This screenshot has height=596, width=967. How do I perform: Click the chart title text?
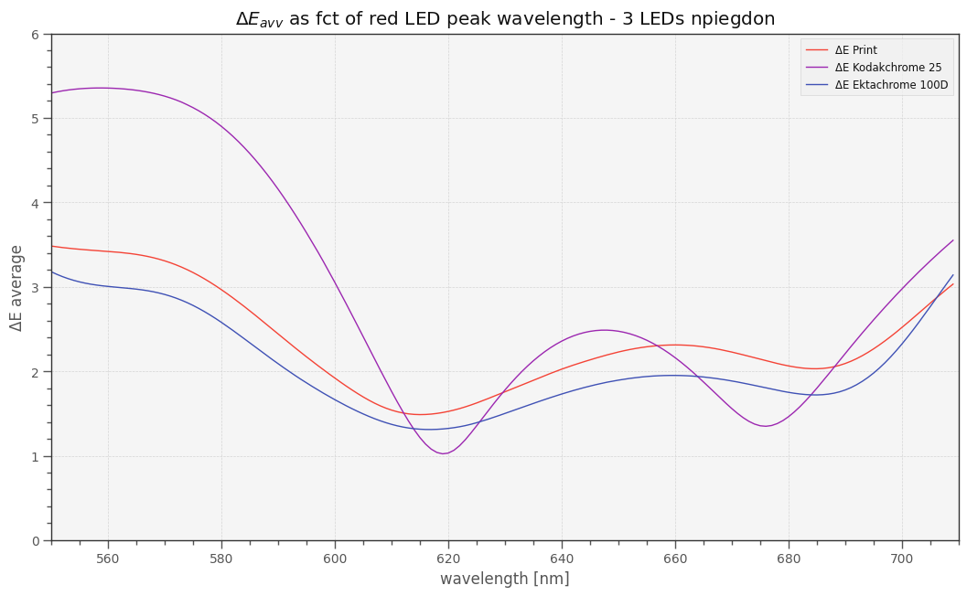(x=505, y=18)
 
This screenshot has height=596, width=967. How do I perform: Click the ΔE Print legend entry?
(x=855, y=50)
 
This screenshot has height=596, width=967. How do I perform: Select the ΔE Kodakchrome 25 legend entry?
(x=887, y=68)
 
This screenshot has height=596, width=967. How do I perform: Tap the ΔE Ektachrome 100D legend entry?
(x=891, y=85)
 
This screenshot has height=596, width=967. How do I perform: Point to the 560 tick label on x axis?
(x=108, y=559)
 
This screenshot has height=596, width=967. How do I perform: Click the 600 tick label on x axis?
(x=335, y=559)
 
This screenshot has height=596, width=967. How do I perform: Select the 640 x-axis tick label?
(x=562, y=559)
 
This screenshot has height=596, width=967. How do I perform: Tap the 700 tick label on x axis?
(x=902, y=559)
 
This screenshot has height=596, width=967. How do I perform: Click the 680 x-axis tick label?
(x=789, y=559)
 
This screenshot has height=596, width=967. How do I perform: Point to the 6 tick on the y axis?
(x=35, y=35)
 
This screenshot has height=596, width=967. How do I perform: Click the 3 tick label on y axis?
(x=35, y=288)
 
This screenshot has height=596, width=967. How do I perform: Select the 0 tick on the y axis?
(x=35, y=541)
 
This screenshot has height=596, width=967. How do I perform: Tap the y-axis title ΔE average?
(x=17, y=287)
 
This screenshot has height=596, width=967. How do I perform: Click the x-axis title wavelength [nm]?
(x=504, y=579)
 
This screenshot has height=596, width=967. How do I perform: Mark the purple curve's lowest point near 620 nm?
(x=444, y=453)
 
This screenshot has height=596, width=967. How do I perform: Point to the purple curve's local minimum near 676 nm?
(x=765, y=426)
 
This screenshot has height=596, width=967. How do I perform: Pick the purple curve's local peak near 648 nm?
(x=604, y=330)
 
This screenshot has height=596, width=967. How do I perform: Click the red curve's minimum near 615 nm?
(x=421, y=414)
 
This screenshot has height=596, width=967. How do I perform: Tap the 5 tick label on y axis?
(x=35, y=119)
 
